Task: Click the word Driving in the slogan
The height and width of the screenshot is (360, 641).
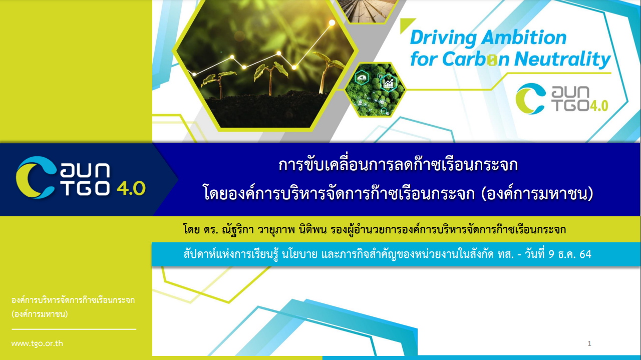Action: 444,39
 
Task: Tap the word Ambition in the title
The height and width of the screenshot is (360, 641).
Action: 524,38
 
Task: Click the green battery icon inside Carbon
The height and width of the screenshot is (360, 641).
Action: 492,60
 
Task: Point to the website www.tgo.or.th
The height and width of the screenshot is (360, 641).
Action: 37,343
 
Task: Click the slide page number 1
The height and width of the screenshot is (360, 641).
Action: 589,343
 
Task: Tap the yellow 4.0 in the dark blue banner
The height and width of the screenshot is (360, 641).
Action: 131,188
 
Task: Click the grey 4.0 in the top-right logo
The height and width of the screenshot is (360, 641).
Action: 598,106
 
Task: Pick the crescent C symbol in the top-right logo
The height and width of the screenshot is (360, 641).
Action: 530,99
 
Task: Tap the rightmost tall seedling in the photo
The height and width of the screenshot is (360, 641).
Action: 326,72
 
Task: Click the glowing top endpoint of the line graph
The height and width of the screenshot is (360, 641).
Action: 332,23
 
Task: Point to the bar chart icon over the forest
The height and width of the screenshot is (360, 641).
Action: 388,83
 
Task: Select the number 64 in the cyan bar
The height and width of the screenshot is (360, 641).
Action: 585,254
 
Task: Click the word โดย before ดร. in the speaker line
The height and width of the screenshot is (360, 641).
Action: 191,229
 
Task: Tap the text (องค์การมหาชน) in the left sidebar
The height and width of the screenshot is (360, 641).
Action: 40,314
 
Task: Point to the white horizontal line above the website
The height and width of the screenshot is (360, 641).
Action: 74,329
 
